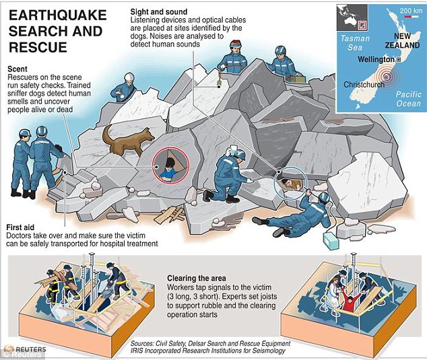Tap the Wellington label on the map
point(376,59)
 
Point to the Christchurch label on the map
point(364,84)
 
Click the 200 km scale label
point(411,11)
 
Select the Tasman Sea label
point(355,42)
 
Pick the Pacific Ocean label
point(409,99)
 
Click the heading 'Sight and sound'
point(159,11)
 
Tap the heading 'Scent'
point(18,69)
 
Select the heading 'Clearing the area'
point(197,278)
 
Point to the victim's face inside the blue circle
point(286,182)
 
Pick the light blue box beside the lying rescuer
point(331,241)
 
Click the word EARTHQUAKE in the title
point(58,15)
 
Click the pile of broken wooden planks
point(169,215)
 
